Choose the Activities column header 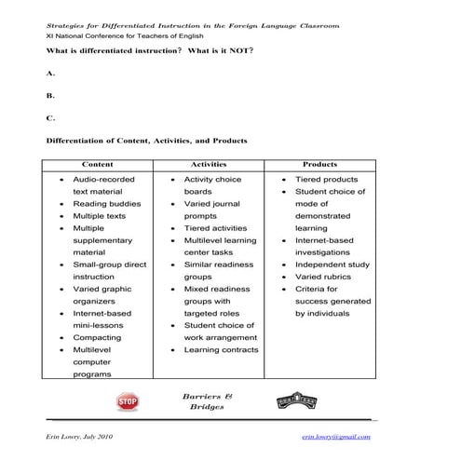click(209, 163)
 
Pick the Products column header click(320, 163)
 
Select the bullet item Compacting click(97, 338)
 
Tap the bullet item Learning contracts click(220, 350)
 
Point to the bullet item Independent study click(332, 264)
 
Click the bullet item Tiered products click(326, 179)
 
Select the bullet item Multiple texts click(101, 215)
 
